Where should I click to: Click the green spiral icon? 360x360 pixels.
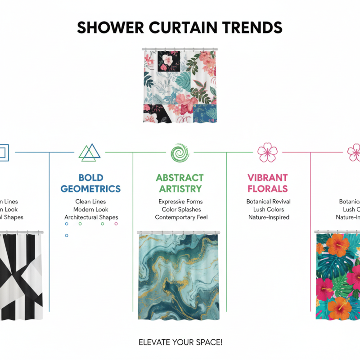[180, 153]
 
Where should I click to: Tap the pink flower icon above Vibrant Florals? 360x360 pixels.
[267, 153]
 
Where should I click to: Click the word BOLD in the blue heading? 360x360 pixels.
[90, 178]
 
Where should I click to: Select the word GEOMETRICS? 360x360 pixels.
[90, 189]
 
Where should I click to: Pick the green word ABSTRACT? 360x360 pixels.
[180, 178]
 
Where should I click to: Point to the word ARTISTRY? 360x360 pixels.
[180, 189]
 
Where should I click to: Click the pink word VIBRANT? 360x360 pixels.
[267, 178]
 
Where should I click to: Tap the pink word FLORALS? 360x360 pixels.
[267, 189]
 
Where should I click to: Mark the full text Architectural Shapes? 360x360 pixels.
[91, 217]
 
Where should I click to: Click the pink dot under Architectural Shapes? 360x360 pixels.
[116, 224]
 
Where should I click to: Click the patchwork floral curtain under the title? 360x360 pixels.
[180, 85]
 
